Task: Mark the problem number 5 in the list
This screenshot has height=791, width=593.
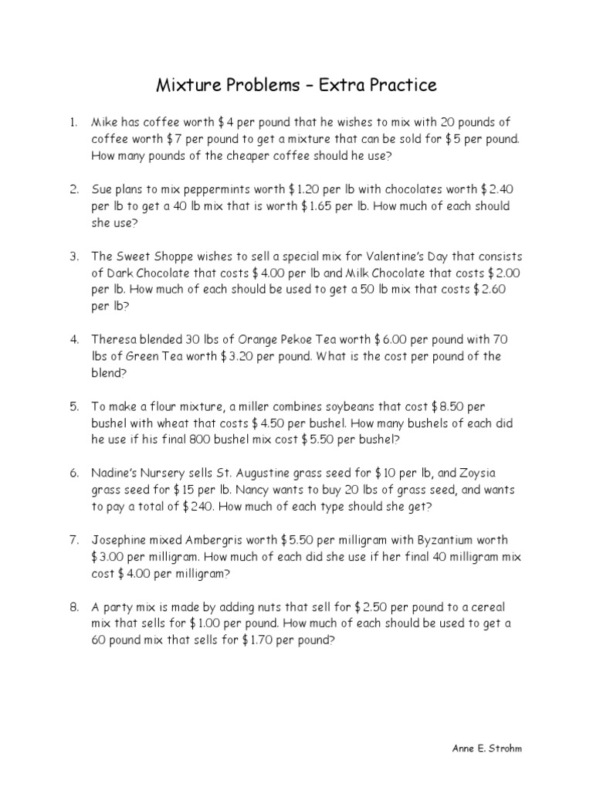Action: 74,406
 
